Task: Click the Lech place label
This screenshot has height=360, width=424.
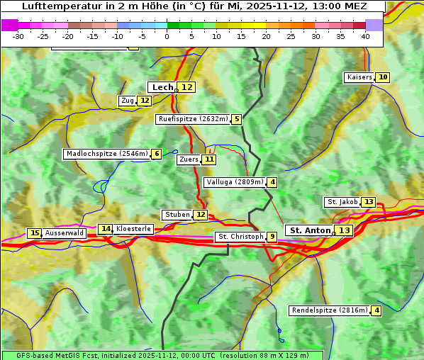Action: pos(162,87)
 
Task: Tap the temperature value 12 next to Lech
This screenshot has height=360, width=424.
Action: pos(186,87)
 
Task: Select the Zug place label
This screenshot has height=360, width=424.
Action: pos(128,101)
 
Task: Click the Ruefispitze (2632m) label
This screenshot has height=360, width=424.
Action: pos(193,119)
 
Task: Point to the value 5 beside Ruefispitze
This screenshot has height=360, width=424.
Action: pos(236,119)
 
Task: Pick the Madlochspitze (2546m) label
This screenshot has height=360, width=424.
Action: pos(106,154)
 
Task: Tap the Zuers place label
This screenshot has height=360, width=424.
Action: pos(189,159)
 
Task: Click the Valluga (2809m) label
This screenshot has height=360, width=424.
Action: pos(235,182)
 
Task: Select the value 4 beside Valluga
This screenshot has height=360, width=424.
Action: pos(272,182)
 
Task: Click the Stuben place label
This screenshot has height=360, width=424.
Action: pos(177,215)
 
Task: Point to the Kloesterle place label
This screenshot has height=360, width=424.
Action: pos(133,229)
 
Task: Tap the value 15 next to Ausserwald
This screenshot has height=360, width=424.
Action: pos(34,233)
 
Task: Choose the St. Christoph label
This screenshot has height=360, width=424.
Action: pos(240,237)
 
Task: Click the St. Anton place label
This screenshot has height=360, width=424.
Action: pos(310,230)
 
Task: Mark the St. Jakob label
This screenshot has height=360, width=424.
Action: pos(342,202)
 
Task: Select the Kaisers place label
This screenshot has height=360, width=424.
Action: pos(359,77)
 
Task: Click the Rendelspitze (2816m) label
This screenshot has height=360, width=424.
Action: pos(330,310)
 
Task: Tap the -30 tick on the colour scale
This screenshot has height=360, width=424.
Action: pos(19,36)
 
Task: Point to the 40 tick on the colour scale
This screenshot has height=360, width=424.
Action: pos(365,36)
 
